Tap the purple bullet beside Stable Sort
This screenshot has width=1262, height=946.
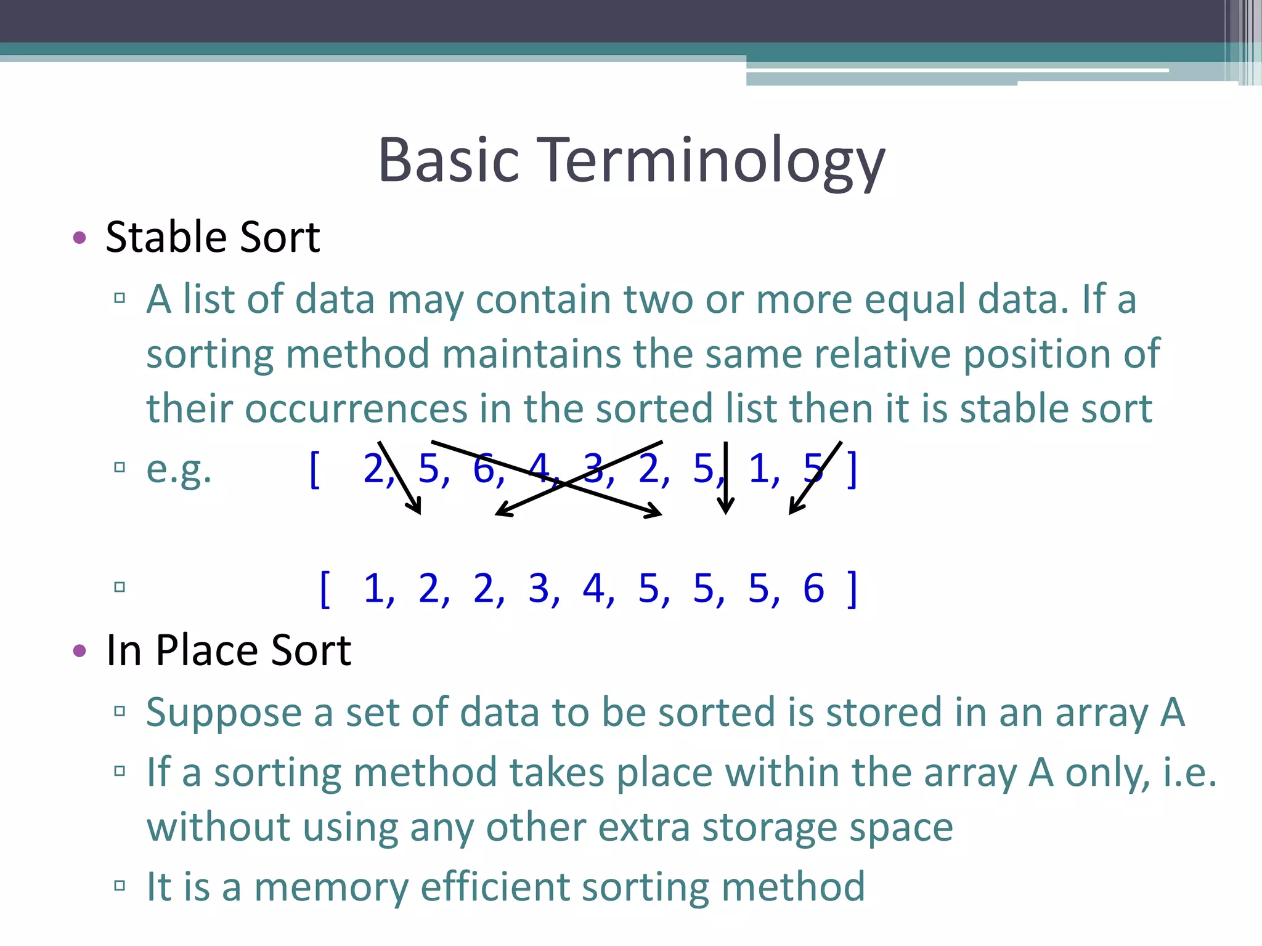tap(79, 238)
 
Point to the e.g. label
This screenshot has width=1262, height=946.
tap(179, 469)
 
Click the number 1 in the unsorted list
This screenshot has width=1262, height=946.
tap(759, 469)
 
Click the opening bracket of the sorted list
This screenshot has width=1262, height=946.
tap(325, 589)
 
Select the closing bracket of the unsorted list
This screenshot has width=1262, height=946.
tap(852, 469)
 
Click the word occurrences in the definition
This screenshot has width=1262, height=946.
tap(356, 408)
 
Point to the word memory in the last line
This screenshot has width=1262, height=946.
tap(331, 887)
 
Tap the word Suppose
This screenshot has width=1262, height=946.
tap(224, 713)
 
